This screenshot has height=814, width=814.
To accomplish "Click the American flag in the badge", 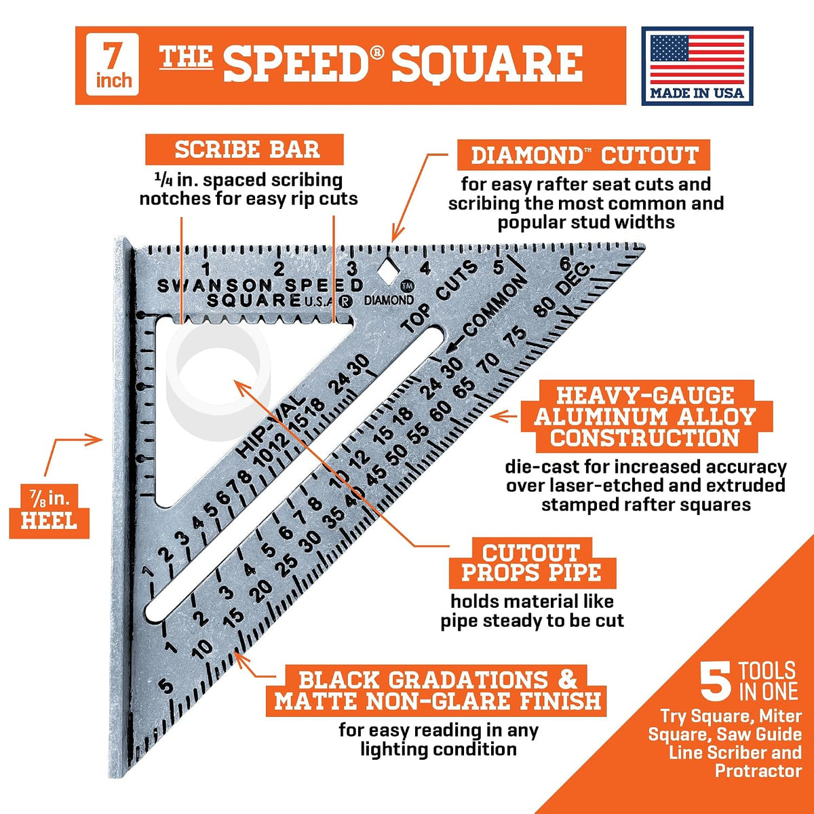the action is pyautogui.click(x=697, y=59).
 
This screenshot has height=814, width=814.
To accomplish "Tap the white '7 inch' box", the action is pyautogui.click(x=113, y=64).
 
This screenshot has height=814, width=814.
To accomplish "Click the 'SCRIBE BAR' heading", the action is pyautogui.click(x=245, y=149).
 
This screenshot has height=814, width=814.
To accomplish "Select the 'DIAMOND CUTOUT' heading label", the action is pyautogui.click(x=584, y=155).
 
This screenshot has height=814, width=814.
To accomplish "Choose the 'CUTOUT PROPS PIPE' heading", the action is pyautogui.click(x=532, y=563).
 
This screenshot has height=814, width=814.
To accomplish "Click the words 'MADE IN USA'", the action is pyautogui.click(x=697, y=93).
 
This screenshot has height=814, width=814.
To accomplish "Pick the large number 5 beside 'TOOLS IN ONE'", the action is pyautogui.click(x=716, y=681).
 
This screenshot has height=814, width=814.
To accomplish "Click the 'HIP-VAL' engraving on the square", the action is pyautogui.click(x=271, y=427).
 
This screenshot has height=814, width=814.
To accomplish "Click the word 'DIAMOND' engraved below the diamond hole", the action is pyautogui.click(x=389, y=301).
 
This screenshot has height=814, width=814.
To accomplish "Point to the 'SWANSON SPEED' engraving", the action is pyautogui.click(x=260, y=286).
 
